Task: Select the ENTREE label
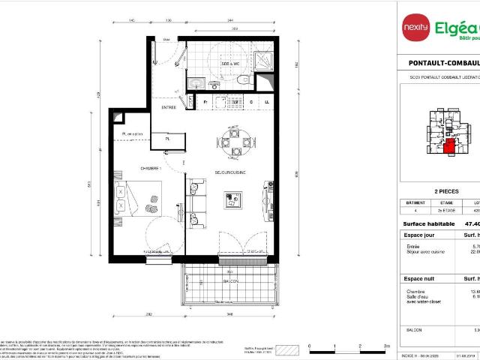(168, 107)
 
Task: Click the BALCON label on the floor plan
(229, 280)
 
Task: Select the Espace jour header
(419, 235)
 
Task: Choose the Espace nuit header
(419, 278)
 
